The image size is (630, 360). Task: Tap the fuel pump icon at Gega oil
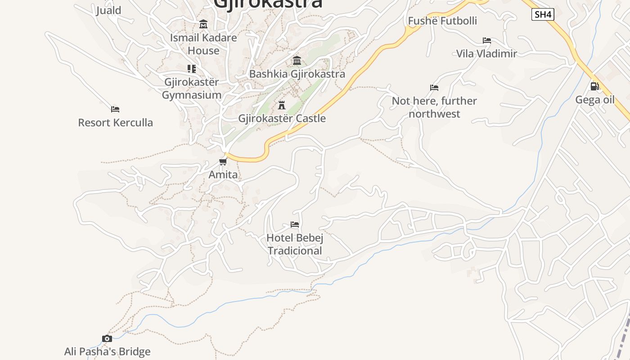click(x=594, y=86)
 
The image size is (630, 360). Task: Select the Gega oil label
click(x=594, y=99)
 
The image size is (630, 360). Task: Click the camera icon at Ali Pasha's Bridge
click(x=107, y=338)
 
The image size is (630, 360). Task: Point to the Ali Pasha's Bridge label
click(x=107, y=351)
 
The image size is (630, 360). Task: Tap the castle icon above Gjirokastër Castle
click(x=282, y=105)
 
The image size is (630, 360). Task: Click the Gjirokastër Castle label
click(x=282, y=118)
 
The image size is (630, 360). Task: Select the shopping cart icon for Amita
click(x=223, y=162)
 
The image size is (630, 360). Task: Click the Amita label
click(x=223, y=175)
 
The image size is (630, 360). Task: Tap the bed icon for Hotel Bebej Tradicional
click(x=295, y=225)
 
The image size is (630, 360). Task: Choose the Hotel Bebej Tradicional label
click(x=295, y=244)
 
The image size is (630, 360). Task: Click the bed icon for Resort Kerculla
click(x=115, y=109)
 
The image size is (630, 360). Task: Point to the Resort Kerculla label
click(x=115, y=122)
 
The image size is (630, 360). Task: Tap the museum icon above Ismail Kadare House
click(x=203, y=24)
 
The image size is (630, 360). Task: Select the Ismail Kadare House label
click(x=203, y=44)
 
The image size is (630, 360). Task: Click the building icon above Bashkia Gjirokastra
click(x=297, y=61)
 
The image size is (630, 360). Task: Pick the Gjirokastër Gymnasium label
click(x=191, y=89)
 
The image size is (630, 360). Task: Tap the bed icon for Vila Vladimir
click(x=486, y=40)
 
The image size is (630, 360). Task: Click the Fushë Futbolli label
click(x=442, y=21)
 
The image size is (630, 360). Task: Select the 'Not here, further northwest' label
click(x=434, y=107)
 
